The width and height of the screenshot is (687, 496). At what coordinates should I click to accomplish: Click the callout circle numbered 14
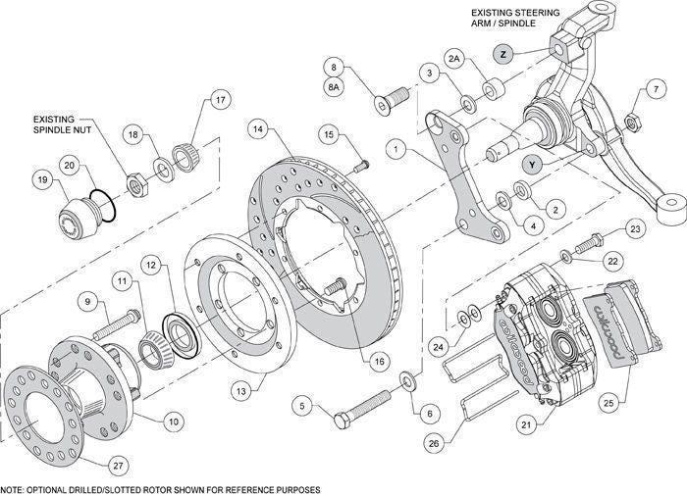click(257, 127)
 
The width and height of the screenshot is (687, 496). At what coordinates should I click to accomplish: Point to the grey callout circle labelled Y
click(531, 165)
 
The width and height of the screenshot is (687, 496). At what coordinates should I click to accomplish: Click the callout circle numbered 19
click(43, 179)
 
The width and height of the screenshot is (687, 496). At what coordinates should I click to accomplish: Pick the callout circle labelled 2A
click(454, 60)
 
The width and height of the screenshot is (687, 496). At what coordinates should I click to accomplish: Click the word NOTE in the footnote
click(14, 488)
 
